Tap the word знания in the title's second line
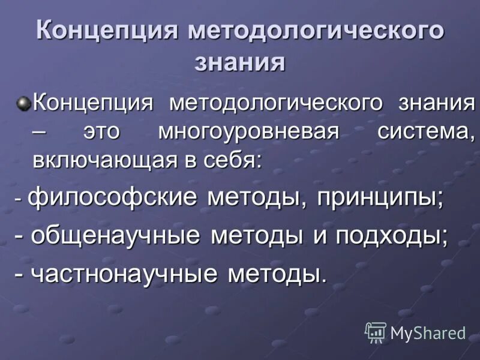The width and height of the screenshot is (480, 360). click(239, 62)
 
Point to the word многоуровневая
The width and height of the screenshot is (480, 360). click(246, 131)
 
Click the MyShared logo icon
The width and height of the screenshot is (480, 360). click(376, 332)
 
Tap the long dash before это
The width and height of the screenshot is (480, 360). click(40, 133)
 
